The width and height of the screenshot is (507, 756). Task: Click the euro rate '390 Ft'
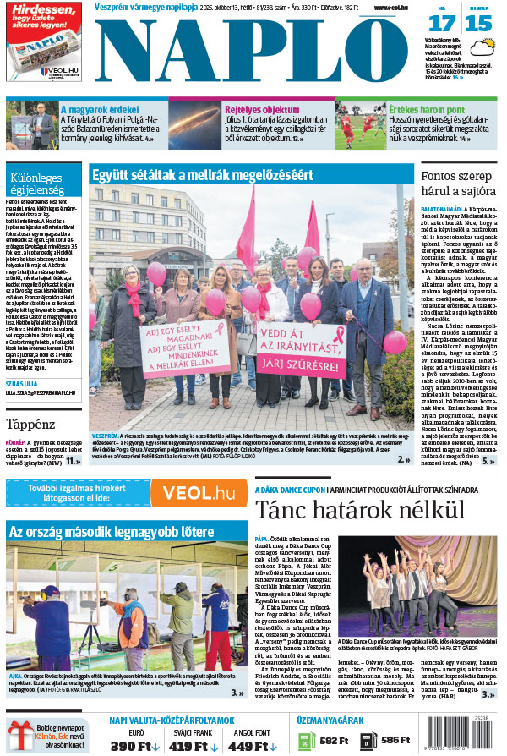(135, 745)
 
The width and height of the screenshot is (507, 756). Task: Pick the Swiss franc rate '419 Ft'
(194, 745)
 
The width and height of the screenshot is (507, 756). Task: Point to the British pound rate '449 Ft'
(253, 745)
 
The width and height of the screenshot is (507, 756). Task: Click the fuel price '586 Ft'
(395, 740)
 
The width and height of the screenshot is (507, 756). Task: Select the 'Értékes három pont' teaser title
(427, 110)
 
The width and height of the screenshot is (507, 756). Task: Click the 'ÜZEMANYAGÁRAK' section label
(332, 720)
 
